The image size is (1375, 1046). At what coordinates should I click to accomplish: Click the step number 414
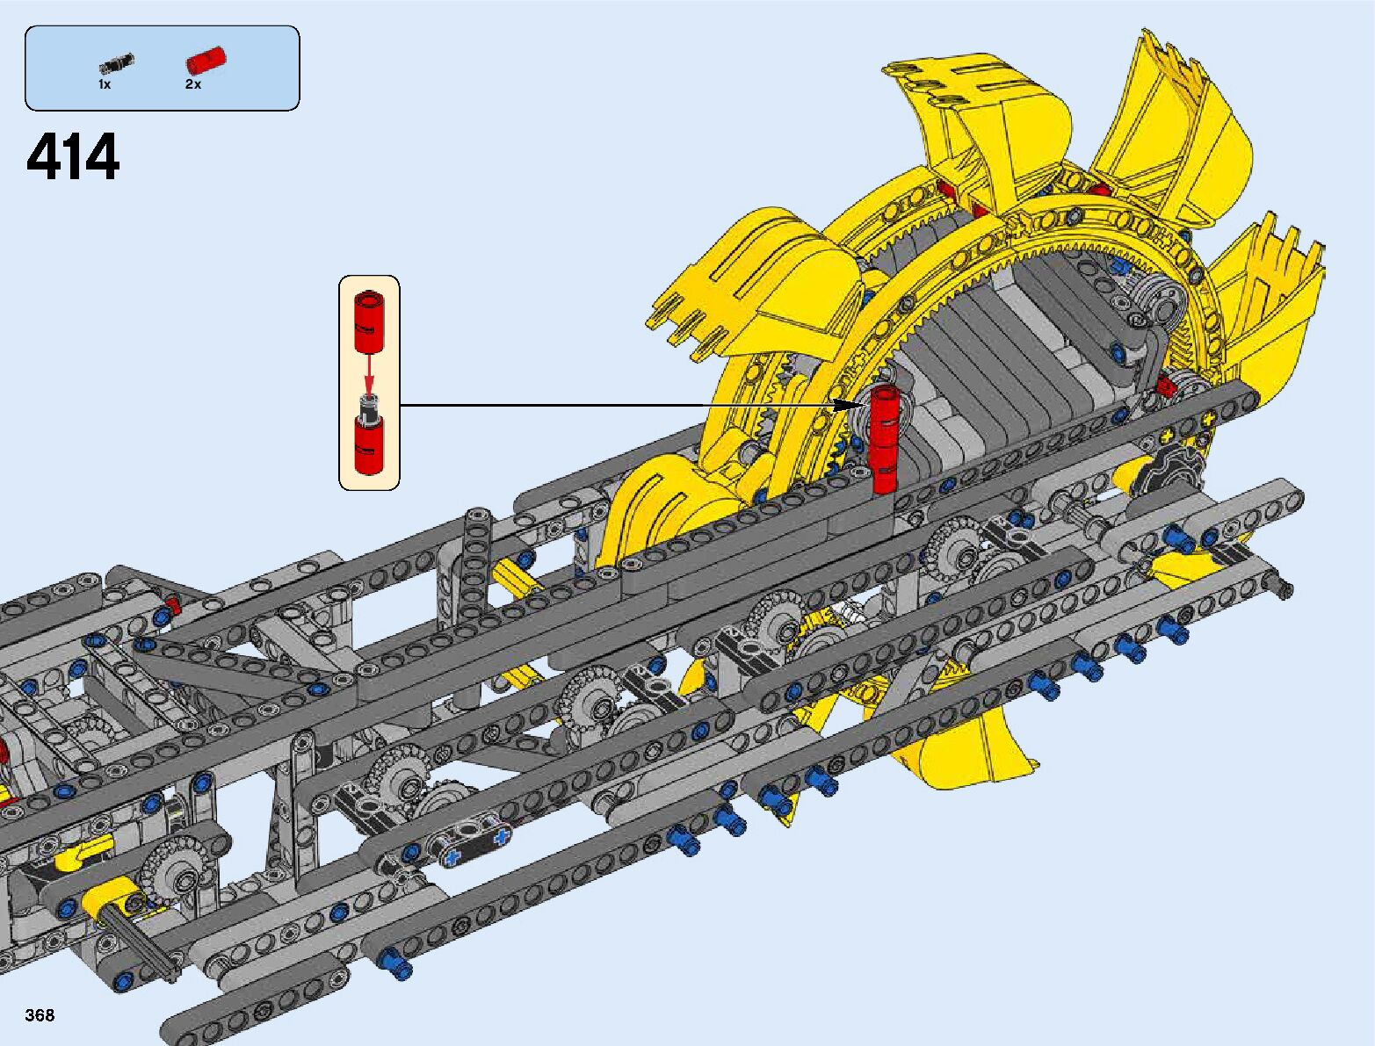[x=73, y=156]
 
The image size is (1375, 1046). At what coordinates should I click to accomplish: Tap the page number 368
[x=40, y=1014]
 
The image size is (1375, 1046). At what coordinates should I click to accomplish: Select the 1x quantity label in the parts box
[x=105, y=84]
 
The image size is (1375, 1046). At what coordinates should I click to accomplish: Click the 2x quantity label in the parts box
[x=193, y=84]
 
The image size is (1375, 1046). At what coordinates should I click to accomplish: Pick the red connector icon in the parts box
[x=206, y=61]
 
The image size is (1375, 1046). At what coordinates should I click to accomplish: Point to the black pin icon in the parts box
[x=117, y=64]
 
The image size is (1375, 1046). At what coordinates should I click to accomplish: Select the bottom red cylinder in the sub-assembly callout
[x=370, y=444]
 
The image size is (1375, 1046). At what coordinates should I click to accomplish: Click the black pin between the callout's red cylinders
[x=370, y=406]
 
